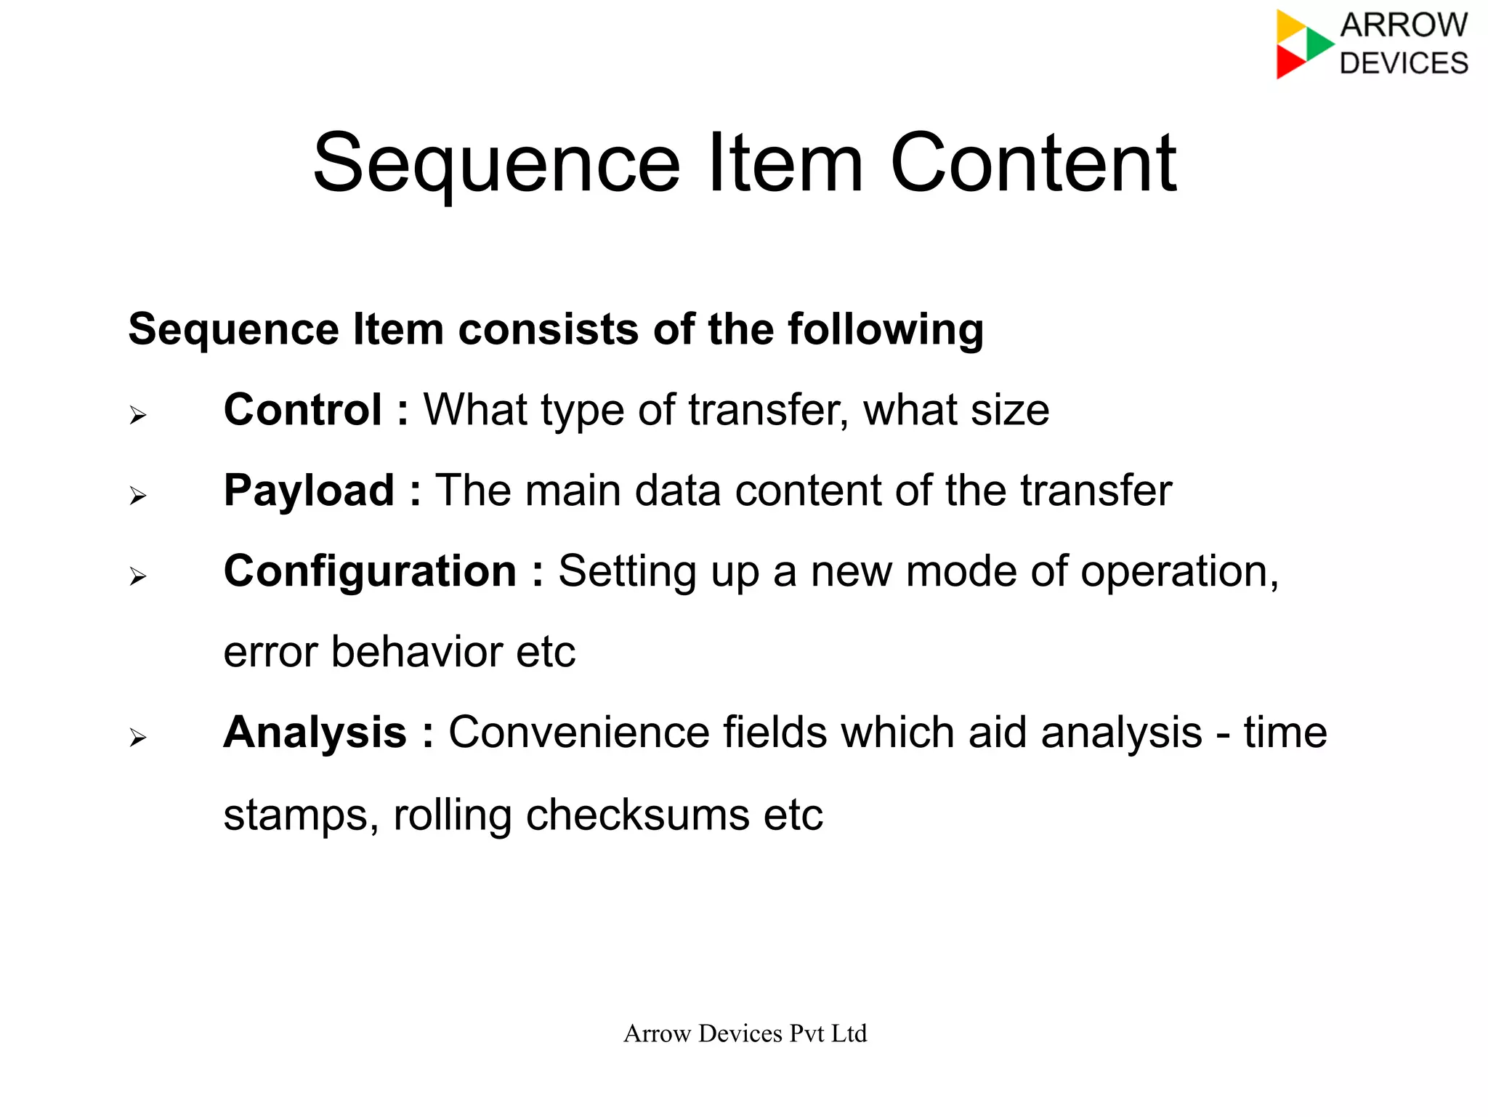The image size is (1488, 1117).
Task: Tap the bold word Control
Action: [x=302, y=410]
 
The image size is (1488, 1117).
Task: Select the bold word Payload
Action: [x=309, y=491]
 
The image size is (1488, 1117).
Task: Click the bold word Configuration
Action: [x=370, y=571]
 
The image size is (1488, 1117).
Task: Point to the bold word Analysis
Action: [x=315, y=732]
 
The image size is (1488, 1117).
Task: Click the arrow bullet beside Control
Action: [x=138, y=416]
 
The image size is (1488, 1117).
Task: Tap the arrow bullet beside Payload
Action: [x=138, y=496]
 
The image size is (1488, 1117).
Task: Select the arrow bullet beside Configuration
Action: [x=138, y=577]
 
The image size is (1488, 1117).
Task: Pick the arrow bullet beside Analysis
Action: [x=138, y=738]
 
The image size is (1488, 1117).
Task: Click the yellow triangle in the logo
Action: [x=1290, y=25]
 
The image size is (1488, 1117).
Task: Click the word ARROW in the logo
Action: [x=1404, y=25]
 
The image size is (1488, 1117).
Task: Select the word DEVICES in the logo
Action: [x=1404, y=63]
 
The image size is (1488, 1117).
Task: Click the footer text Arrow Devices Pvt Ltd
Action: [x=745, y=1033]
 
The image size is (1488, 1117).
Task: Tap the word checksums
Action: [x=637, y=815]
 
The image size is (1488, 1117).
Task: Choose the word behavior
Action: [x=416, y=652]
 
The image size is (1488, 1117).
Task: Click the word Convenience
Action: [x=578, y=732]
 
